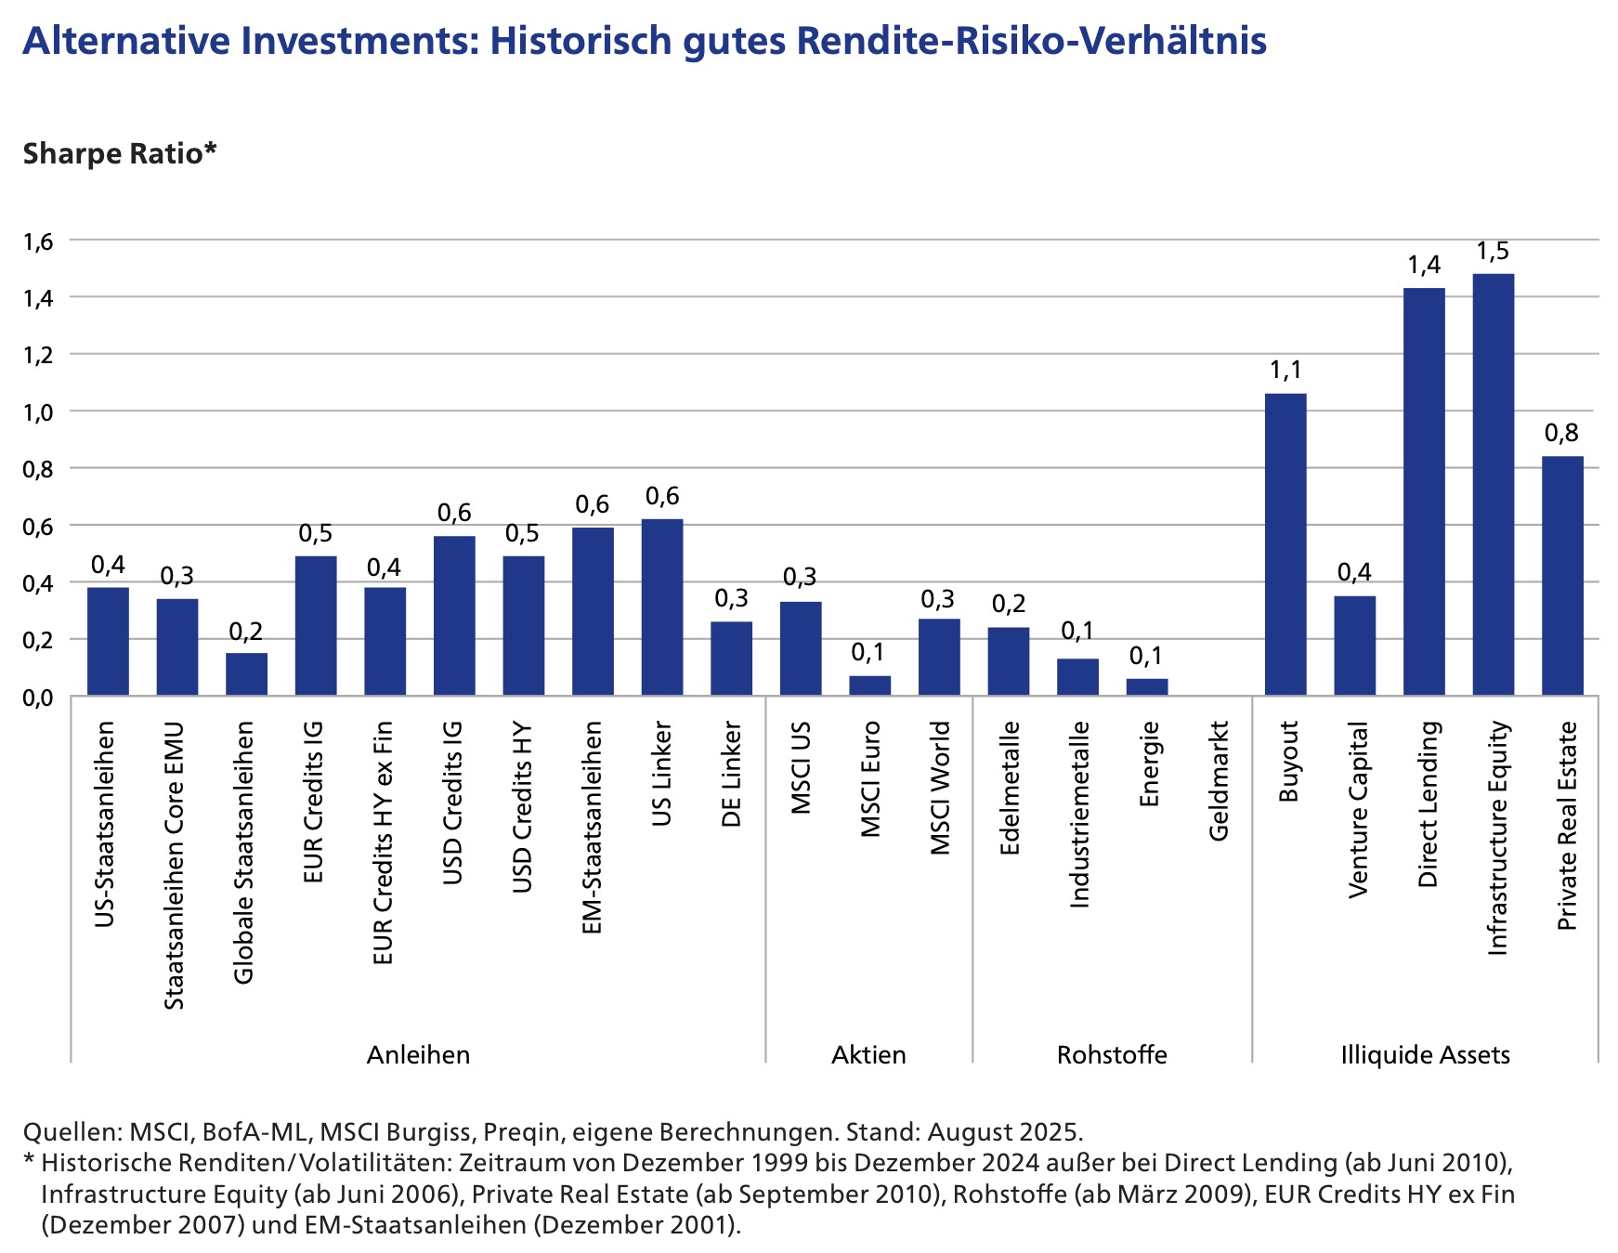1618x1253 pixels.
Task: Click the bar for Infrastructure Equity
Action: click(x=1493, y=484)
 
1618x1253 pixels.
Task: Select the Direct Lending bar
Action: click(x=1424, y=491)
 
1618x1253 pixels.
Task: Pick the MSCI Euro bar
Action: click(x=869, y=685)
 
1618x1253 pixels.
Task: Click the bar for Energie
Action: click(x=1147, y=687)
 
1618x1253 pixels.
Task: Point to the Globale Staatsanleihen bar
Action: click(x=246, y=674)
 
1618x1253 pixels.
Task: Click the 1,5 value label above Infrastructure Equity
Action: click(x=1493, y=252)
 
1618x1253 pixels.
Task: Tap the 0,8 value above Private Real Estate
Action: click(x=1561, y=434)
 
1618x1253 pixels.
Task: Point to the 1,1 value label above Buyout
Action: click(x=1285, y=372)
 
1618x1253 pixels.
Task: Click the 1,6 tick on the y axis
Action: click(x=39, y=241)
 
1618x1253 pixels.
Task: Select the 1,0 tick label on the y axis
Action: click(x=39, y=412)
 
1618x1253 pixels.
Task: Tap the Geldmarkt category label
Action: click(x=1218, y=780)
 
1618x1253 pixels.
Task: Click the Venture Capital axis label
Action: click(x=1357, y=809)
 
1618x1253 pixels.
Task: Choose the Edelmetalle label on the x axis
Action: click(x=1010, y=788)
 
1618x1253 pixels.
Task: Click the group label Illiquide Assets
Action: click(x=1425, y=1055)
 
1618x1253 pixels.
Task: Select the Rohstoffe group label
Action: click(x=1112, y=1055)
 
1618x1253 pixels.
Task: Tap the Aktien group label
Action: click(x=868, y=1055)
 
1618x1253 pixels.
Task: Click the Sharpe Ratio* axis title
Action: click(x=119, y=153)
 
